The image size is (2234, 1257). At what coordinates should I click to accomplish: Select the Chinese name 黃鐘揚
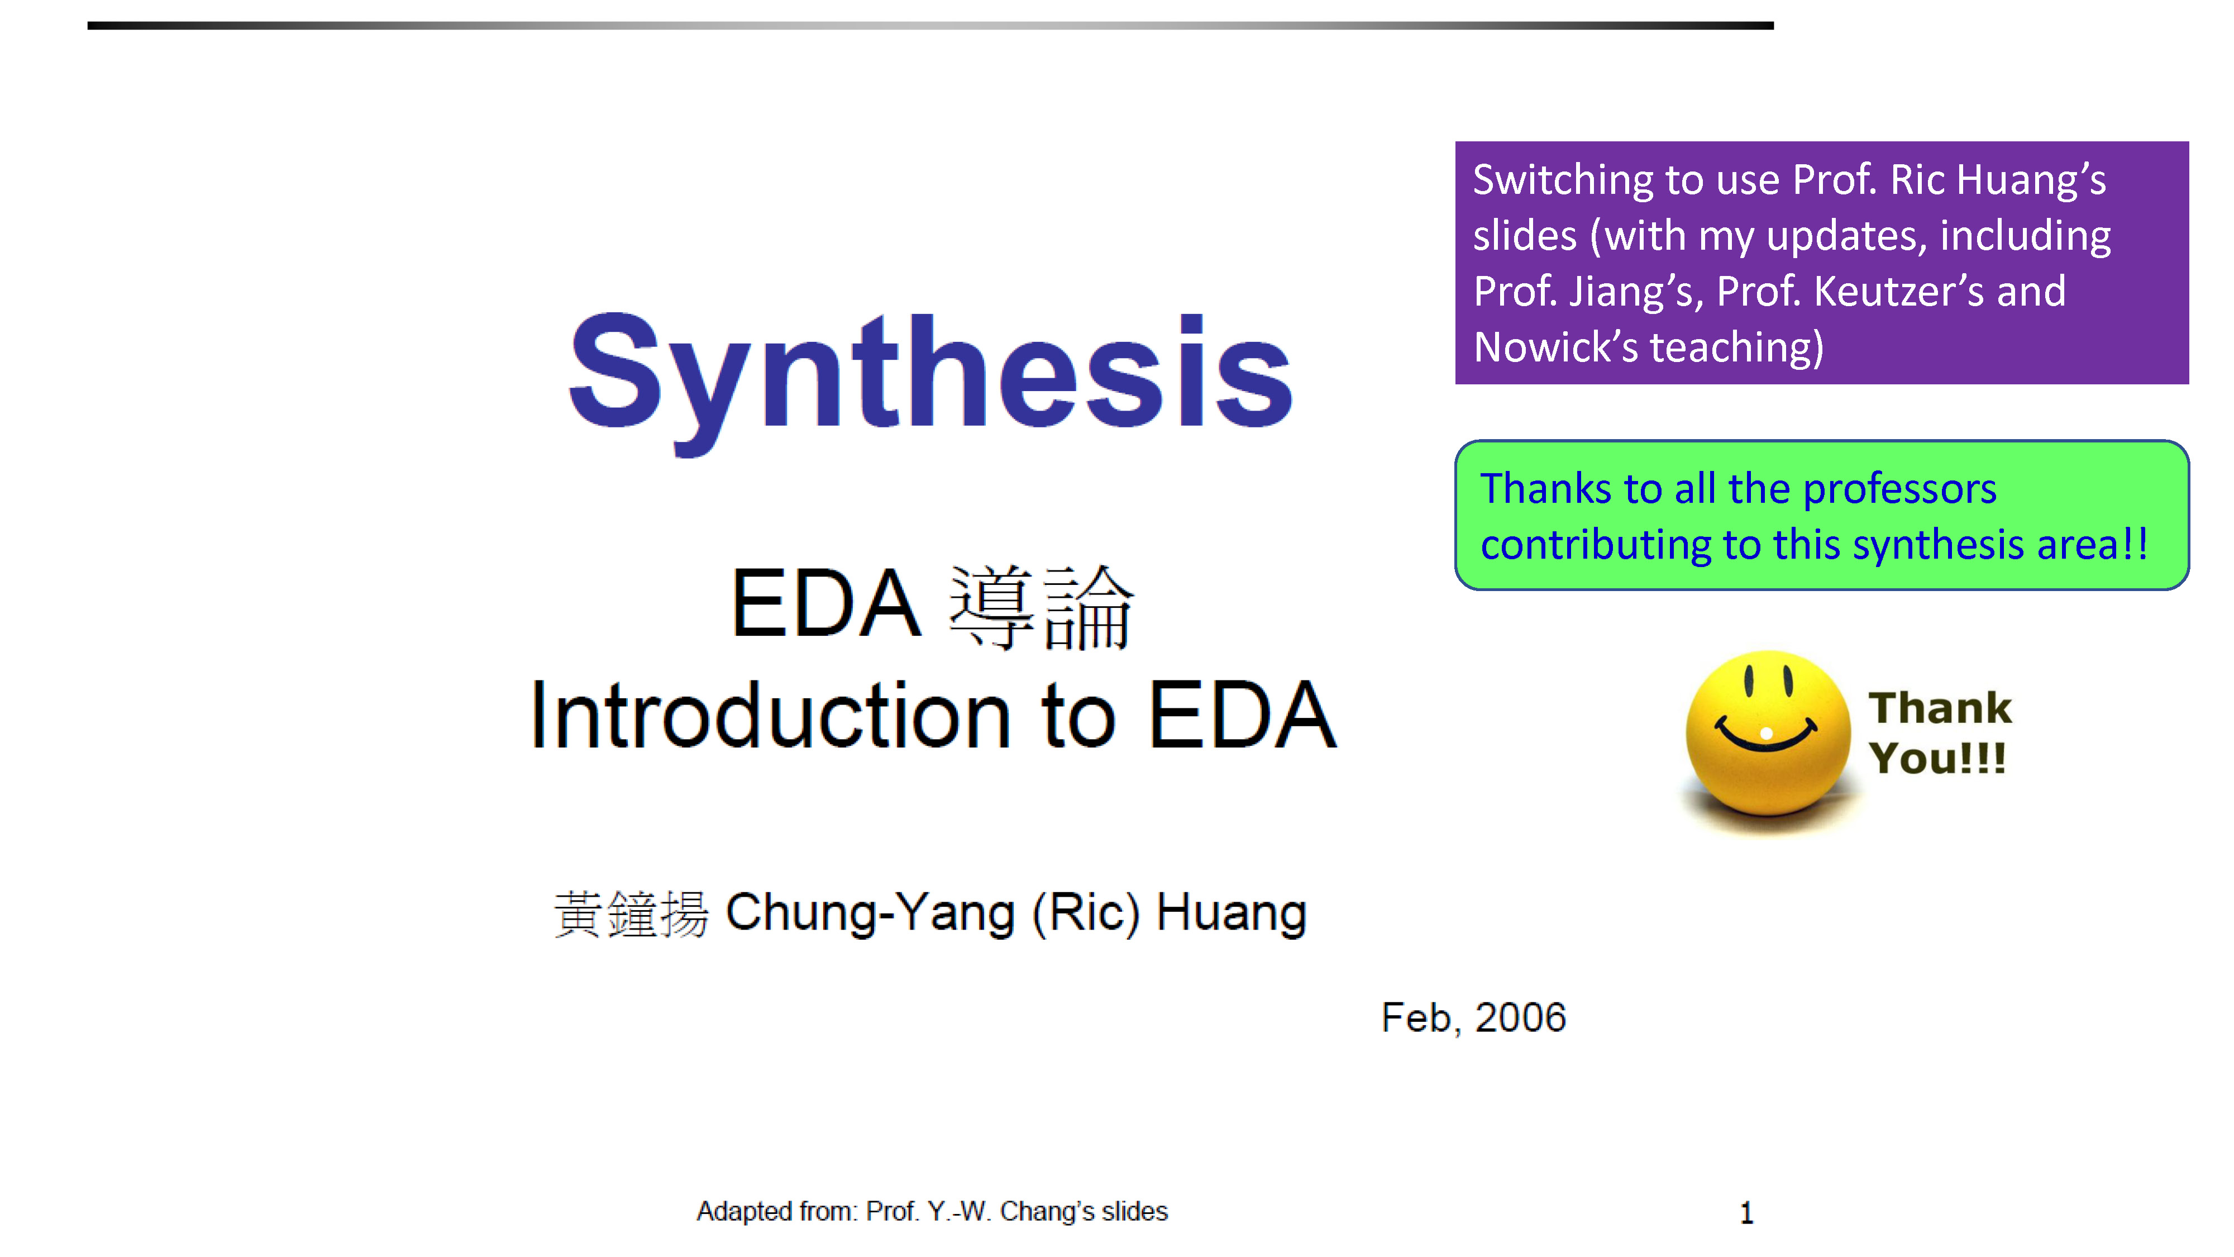(631, 913)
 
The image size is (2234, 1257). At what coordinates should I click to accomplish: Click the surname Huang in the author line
(1231, 913)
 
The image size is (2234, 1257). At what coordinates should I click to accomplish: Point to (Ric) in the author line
(1085, 913)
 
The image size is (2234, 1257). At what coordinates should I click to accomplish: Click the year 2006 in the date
(1520, 1017)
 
